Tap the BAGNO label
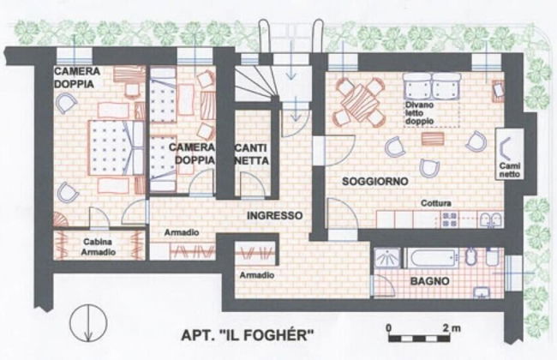point(430,281)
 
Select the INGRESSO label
point(274,215)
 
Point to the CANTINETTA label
point(252,154)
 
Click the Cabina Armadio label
point(99,247)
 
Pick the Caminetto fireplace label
point(510,170)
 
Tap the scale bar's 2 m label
point(452,327)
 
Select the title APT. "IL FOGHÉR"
point(248,334)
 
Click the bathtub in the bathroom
point(430,258)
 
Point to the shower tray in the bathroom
point(386,258)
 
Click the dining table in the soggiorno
point(359,102)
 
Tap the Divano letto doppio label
point(420,112)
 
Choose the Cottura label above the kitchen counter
point(436,203)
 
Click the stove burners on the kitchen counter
point(449,219)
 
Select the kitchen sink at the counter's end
point(491,220)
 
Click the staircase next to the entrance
point(256,84)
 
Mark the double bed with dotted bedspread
point(116,147)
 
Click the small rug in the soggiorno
point(433,139)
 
